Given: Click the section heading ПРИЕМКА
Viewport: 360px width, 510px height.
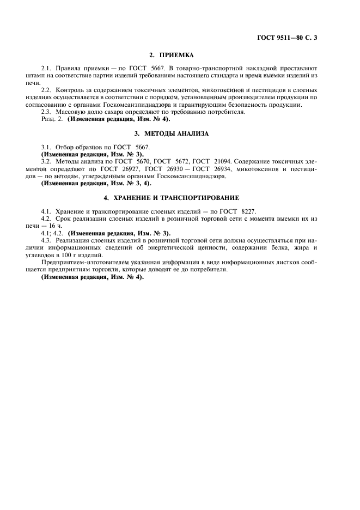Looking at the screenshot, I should click(171, 55).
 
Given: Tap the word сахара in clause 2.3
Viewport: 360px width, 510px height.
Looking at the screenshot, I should click(105, 112).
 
